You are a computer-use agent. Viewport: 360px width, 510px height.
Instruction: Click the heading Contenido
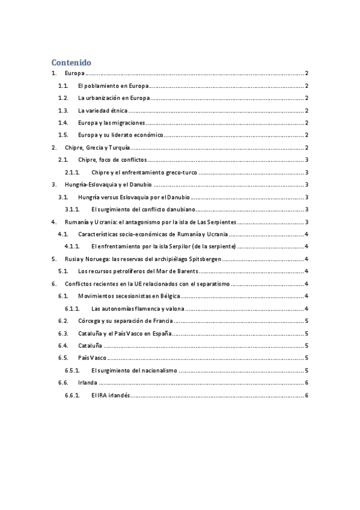click(x=71, y=62)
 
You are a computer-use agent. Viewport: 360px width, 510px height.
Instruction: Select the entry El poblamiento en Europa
click(x=114, y=86)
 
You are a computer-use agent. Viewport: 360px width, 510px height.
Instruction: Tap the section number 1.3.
click(x=63, y=111)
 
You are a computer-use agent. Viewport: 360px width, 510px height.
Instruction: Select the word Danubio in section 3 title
click(x=138, y=185)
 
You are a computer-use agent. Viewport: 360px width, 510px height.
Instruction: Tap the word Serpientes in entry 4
click(x=208, y=222)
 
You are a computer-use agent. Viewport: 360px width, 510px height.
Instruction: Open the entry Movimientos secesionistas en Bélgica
click(x=129, y=296)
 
